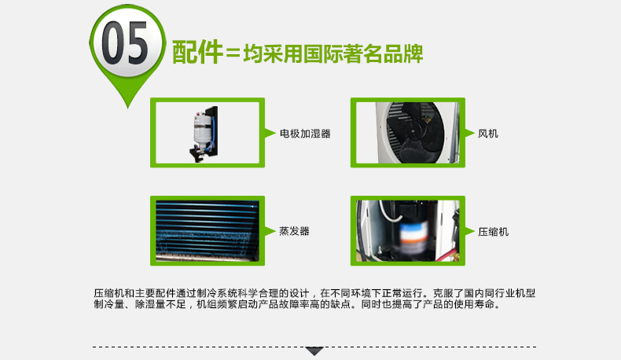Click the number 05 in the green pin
(125, 42)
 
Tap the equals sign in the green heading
(233, 53)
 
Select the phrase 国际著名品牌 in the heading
(363, 53)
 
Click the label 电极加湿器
(305, 134)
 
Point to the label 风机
(488, 134)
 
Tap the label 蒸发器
(294, 231)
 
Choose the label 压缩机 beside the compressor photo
(493, 232)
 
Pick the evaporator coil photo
(208, 231)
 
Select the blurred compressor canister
(412, 237)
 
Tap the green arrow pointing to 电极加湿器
(270, 133)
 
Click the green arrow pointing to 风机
(470, 133)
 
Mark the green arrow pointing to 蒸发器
(270, 231)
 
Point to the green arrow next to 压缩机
(470, 232)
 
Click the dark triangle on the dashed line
(314, 351)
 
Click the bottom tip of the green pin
(127, 108)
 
